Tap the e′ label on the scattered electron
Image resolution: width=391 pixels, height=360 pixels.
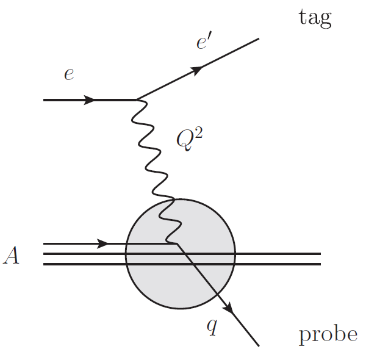click(x=203, y=44)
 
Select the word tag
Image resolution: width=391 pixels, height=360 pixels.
click(x=315, y=18)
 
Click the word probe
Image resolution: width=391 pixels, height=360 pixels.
click(x=328, y=334)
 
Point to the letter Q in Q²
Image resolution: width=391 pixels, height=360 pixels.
click(x=184, y=140)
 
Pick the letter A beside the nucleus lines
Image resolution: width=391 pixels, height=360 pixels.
click(x=11, y=256)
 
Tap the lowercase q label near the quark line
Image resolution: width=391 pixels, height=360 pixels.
click(x=212, y=328)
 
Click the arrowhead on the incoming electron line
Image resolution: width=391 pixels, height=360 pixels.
click(x=89, y=99)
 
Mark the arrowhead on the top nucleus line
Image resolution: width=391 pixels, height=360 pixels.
click(x=102, y=243)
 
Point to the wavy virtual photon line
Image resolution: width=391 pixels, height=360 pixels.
click(x=150, y=153)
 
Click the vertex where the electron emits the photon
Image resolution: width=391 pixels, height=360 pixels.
click(x=137, y=99)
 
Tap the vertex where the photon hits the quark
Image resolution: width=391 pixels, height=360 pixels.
click(x=176, y=244)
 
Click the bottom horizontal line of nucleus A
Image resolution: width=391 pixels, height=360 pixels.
click(x=274, y=264)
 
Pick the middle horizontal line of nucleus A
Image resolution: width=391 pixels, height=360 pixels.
click(x=274, y=253)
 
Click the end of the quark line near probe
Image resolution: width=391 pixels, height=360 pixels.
click(x=259, y=346)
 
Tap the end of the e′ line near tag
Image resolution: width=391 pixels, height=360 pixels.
click(x=259, y=40)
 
